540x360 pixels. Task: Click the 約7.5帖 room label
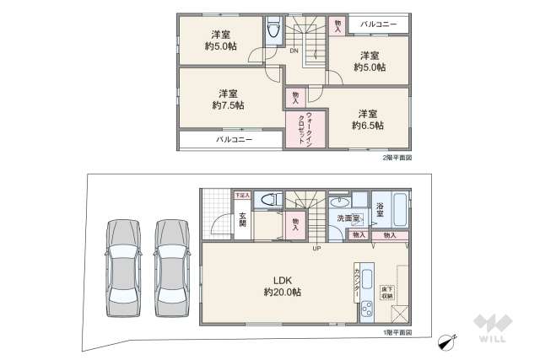(x=228, y=99)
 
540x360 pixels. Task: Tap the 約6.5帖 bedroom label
(x=367, y=119)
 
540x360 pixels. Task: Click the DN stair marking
(x=293, y=51)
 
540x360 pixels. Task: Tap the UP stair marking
(x=316, y=249)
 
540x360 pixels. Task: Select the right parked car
(x=171, y=267)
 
